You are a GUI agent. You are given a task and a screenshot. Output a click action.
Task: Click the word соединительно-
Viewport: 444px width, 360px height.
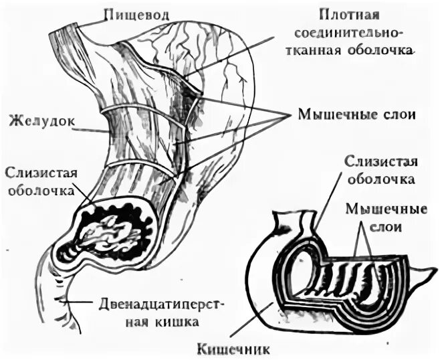click(362, 31)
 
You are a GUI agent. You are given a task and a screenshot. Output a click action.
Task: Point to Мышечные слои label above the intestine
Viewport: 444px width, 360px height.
click(386, 217)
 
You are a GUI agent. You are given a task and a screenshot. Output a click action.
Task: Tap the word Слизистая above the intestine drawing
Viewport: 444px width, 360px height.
click(372, 163)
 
